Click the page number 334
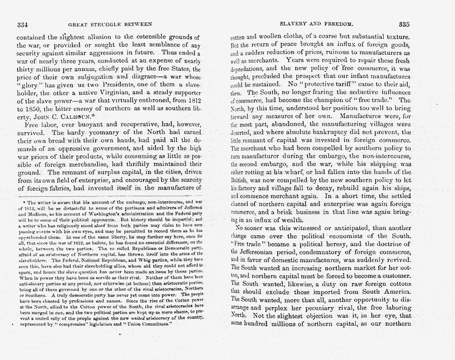23,24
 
